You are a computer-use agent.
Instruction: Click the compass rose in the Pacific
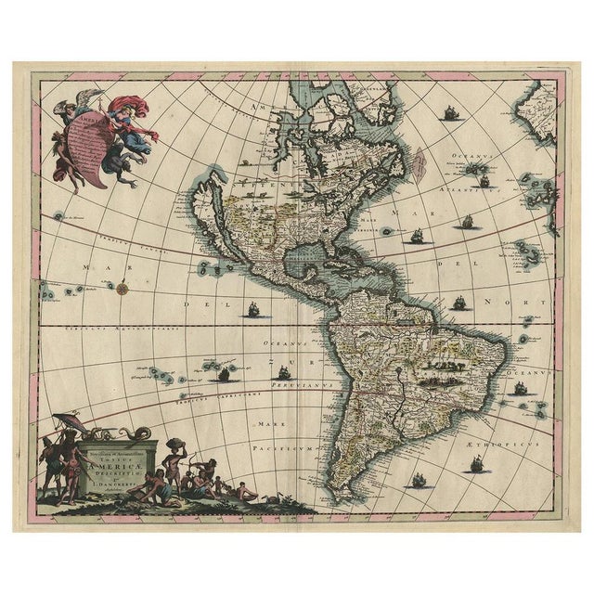[122, 288]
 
